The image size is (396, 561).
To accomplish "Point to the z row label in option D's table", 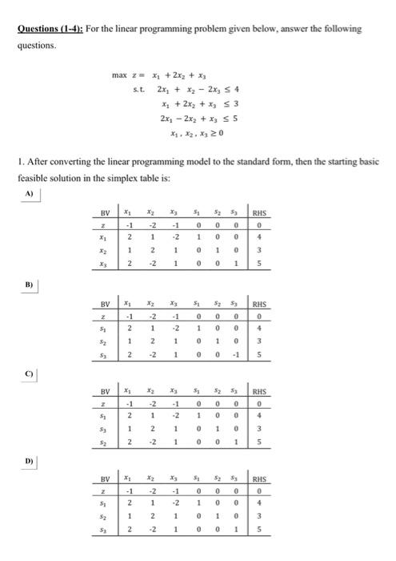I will [x=104, y=490].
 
